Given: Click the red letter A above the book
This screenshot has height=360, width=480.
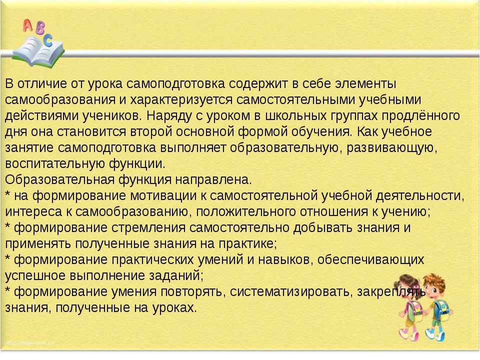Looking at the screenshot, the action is coord(28,25).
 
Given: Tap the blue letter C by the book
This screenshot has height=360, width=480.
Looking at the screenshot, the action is coord(48,40).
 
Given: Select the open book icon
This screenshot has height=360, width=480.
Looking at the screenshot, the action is coord(37,52).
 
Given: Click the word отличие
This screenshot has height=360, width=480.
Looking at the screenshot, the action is coord(42,83).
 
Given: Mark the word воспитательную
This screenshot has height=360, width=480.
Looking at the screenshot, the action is coord(55,164).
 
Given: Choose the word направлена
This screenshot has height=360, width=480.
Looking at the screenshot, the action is coord(213,179).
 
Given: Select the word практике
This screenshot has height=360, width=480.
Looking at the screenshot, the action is coord(247,243).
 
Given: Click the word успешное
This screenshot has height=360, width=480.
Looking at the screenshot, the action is coord(35,275).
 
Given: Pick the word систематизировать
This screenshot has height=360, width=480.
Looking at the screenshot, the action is coord(289,291).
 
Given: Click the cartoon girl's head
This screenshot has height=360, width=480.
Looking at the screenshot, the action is coord(405,286).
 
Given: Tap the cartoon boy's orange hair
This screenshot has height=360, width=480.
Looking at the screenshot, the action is coord(434,279).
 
